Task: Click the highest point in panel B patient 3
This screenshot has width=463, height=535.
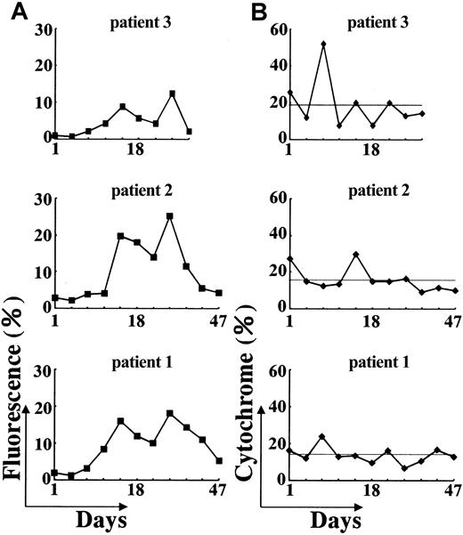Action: [323, 44]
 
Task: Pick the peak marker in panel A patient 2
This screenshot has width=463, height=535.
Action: [169, 215]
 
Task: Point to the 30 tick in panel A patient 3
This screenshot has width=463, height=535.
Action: [37, 29]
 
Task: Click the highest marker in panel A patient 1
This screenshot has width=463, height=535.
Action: [169, 413]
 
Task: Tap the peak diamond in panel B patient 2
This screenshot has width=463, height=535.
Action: [356, 255]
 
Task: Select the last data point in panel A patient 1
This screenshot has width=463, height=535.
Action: [219, 460]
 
